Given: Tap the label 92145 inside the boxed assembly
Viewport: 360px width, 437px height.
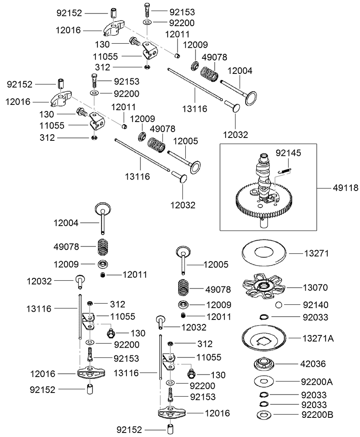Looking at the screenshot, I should [288, 153].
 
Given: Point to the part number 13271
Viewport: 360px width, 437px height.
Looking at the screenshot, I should [316, 253].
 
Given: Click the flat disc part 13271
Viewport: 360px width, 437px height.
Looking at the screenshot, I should [265, 253].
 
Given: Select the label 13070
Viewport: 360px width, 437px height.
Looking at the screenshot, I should [316, 288].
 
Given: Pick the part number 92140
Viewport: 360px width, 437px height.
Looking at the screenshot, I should [316, 305].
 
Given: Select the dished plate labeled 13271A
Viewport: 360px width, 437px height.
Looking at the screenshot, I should [265, 339].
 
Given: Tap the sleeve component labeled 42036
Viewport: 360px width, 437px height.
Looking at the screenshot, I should [265, 363].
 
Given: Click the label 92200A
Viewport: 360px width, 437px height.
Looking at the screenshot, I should [317, 382].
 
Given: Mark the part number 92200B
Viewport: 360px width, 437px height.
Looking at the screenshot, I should [317, 415].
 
